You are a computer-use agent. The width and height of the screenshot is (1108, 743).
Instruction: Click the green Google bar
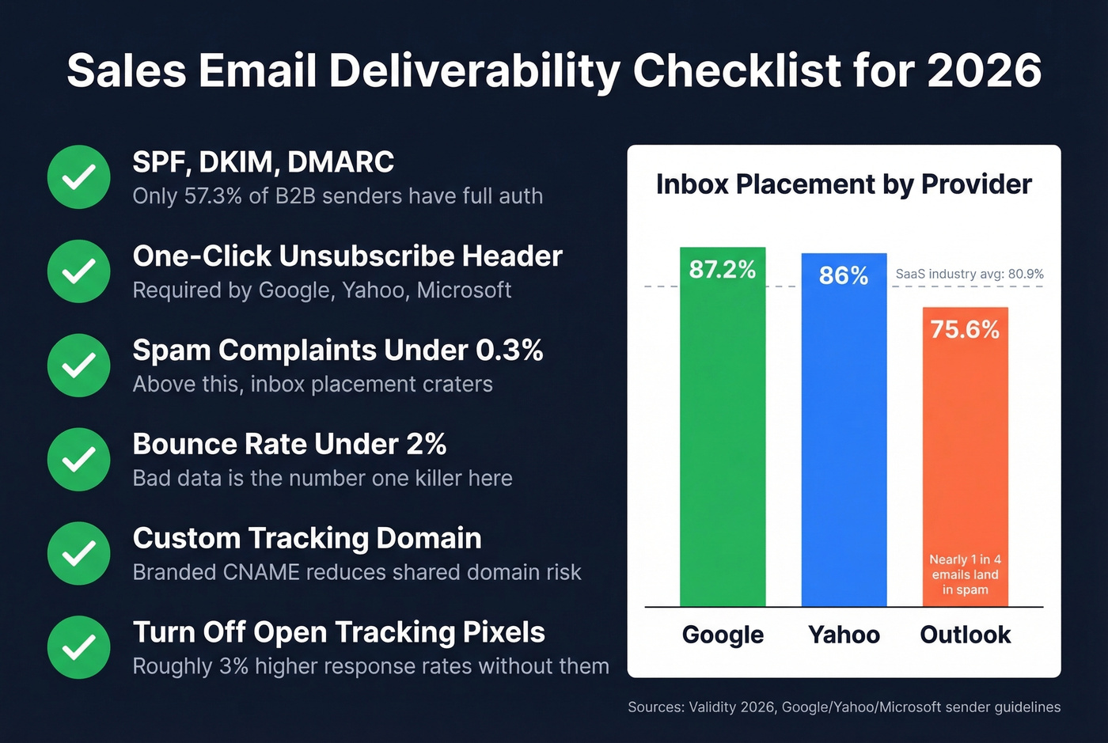point(722,443)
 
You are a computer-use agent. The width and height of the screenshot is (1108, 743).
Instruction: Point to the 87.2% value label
point(722,270)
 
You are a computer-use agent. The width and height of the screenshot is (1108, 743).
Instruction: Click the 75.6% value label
point(965,329)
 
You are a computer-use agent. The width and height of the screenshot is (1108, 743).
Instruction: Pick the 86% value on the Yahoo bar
point(844,275)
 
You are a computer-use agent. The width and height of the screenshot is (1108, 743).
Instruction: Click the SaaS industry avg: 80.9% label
point(970,274)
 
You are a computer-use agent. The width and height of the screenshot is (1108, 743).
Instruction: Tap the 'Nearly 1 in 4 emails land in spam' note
point(965,574)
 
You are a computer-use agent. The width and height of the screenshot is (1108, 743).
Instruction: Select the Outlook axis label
point(965,635)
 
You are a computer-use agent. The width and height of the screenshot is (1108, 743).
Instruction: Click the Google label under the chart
point(723,635)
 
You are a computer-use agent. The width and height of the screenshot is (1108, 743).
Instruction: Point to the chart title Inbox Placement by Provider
point(844,184)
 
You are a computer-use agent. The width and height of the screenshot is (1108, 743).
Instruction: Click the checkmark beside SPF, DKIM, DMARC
point(78,177)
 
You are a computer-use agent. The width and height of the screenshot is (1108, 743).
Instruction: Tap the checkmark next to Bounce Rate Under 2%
point(78,459)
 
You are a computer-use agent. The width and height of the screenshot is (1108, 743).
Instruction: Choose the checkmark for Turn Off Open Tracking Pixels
point(78,647)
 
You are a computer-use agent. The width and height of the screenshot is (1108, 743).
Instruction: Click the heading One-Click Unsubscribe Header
point(347,256)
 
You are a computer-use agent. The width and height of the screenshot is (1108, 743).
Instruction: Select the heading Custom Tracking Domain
point(307,538)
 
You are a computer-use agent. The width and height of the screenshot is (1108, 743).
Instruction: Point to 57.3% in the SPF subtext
point(213,196)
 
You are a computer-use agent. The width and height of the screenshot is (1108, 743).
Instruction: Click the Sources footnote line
point(844,707)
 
